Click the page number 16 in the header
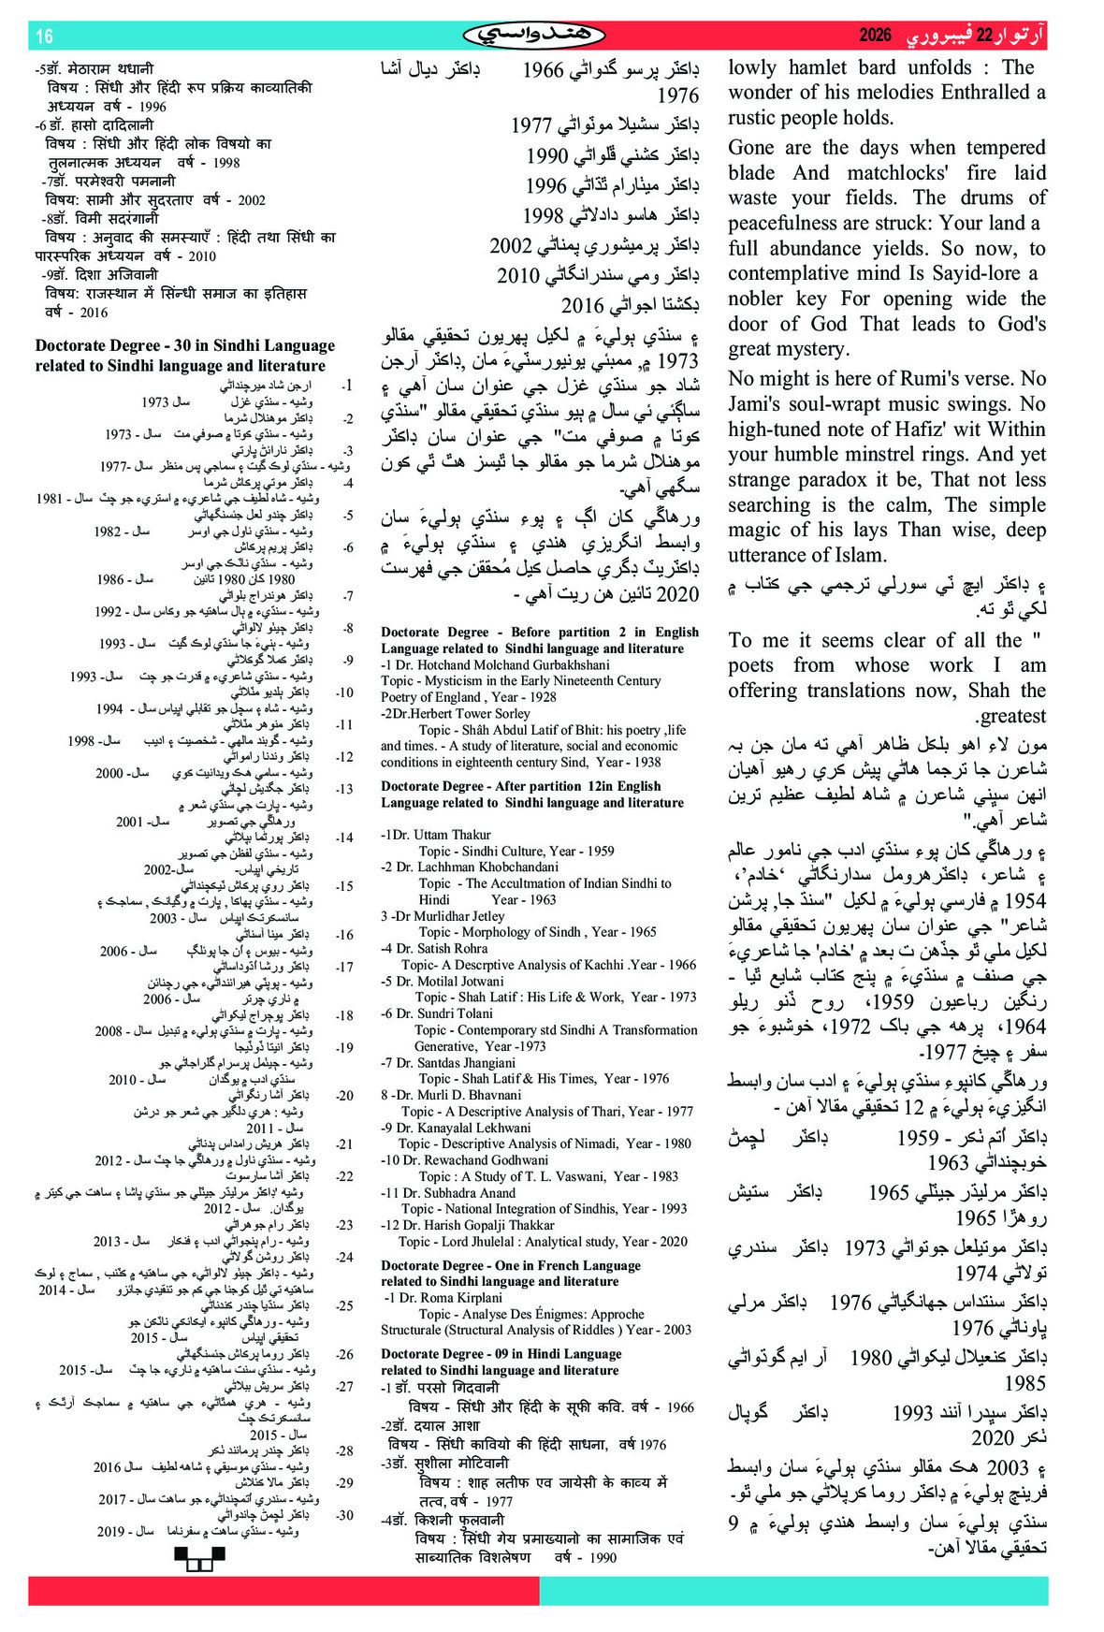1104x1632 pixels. tap(44, 36)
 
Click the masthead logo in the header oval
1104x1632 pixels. tap(533, 36)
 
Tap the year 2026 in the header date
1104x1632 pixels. tap(875, 36)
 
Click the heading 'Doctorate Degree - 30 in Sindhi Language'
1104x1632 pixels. tap(184, 345)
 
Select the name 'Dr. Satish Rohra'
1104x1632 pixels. tap(440, 948)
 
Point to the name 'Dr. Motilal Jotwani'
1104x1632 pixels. tap(448, 981)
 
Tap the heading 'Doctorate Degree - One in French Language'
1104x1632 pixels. tap(510, 1265)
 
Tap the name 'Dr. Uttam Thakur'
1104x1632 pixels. tap(436, 834)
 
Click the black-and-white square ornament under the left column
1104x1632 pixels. tap(199, 1558)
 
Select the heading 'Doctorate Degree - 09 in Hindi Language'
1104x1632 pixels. tap(501, 1354)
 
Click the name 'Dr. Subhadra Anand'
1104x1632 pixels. tap(448, 1192)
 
